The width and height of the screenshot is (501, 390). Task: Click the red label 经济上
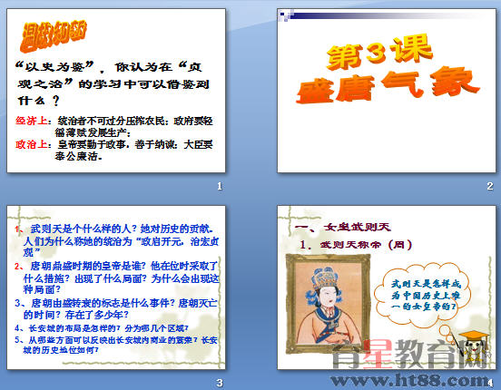34,119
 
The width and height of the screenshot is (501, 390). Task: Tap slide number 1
220,187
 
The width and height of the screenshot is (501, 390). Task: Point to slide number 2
489,187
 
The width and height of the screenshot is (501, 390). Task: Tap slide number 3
220,382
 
